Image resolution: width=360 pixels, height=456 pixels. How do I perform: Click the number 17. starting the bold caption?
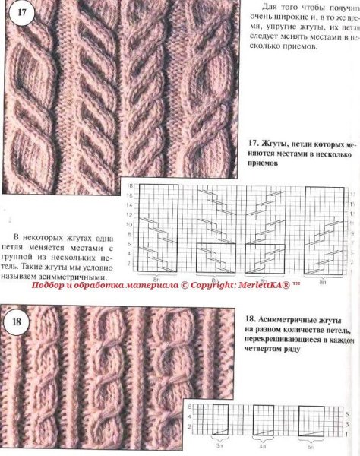pyautogui.click(x=253, y=142)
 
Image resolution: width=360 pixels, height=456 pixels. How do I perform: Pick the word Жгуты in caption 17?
pyautogui.click(x=277, y=142)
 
